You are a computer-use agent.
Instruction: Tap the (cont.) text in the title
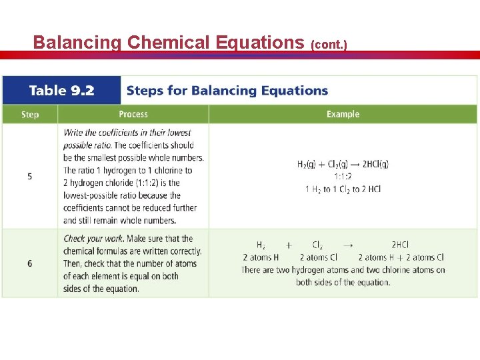329,45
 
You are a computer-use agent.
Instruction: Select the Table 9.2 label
61,90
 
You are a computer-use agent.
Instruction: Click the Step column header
30,115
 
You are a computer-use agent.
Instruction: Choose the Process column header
133,114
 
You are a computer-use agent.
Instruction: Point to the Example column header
343,114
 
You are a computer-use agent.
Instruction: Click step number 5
30,176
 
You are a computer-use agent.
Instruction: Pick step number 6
30,263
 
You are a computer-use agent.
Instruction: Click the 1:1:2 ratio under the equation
343,177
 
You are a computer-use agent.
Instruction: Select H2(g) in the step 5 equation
309,164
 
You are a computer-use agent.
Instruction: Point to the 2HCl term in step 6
400,245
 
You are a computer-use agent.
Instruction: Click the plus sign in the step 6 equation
289,245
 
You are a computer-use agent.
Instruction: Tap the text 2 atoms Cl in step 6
319,257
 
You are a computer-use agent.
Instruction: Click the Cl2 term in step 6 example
318,245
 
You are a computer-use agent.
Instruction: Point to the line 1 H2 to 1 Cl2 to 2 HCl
343,189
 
